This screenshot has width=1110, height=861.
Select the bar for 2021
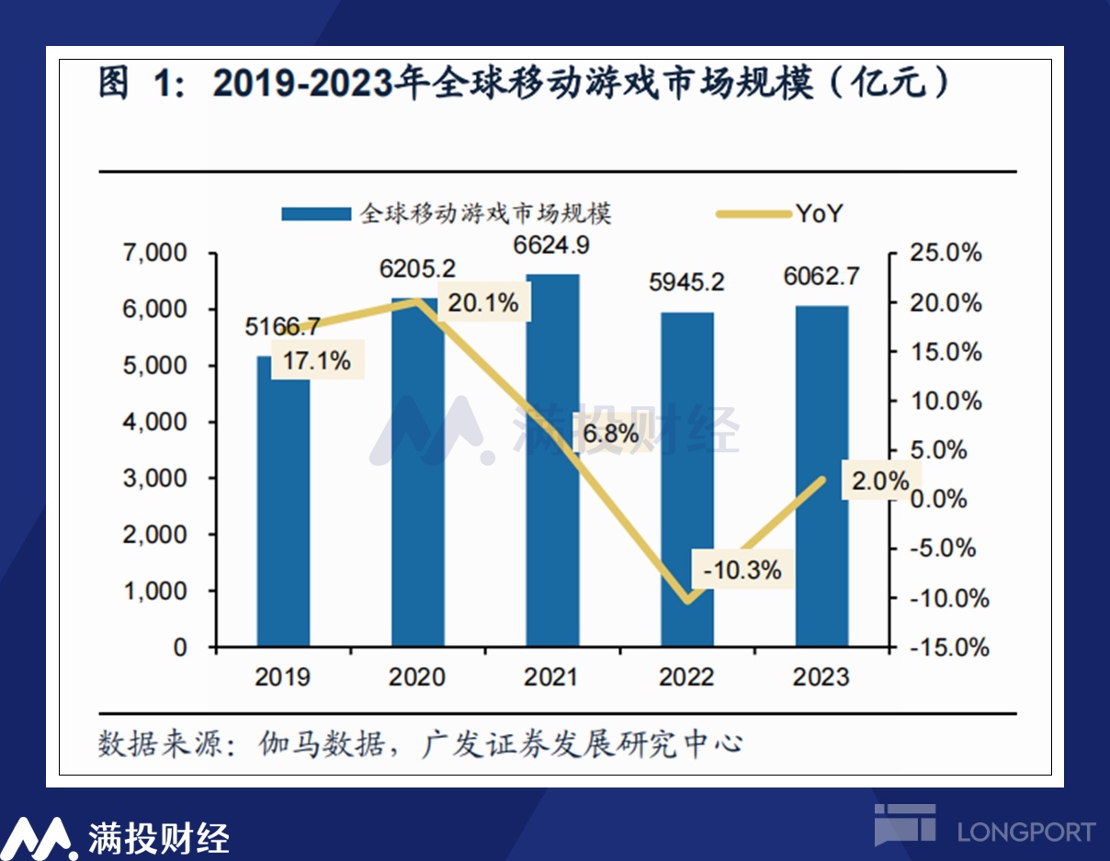(552, 459)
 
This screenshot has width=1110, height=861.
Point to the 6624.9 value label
(551, 246)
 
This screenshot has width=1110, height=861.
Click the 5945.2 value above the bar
(686, 282)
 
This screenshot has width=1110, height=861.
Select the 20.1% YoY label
(484, 302)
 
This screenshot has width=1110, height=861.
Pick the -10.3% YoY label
(742, 570)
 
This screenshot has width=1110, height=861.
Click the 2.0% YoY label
(879, 481)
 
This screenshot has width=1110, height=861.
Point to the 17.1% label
(316, 361)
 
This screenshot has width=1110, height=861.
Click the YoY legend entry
(819, 214)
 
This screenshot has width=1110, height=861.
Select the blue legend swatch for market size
(316, 214)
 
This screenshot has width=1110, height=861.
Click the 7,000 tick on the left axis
(155, 253)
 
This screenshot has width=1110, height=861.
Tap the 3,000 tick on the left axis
(155, 478)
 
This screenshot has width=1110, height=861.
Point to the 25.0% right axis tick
(947, 254)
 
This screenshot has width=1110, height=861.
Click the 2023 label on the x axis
(821, 678)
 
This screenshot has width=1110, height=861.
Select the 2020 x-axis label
(417, 678)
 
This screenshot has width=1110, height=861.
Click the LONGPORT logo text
(1025, 833)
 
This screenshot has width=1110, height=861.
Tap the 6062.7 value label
(821, 275)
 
